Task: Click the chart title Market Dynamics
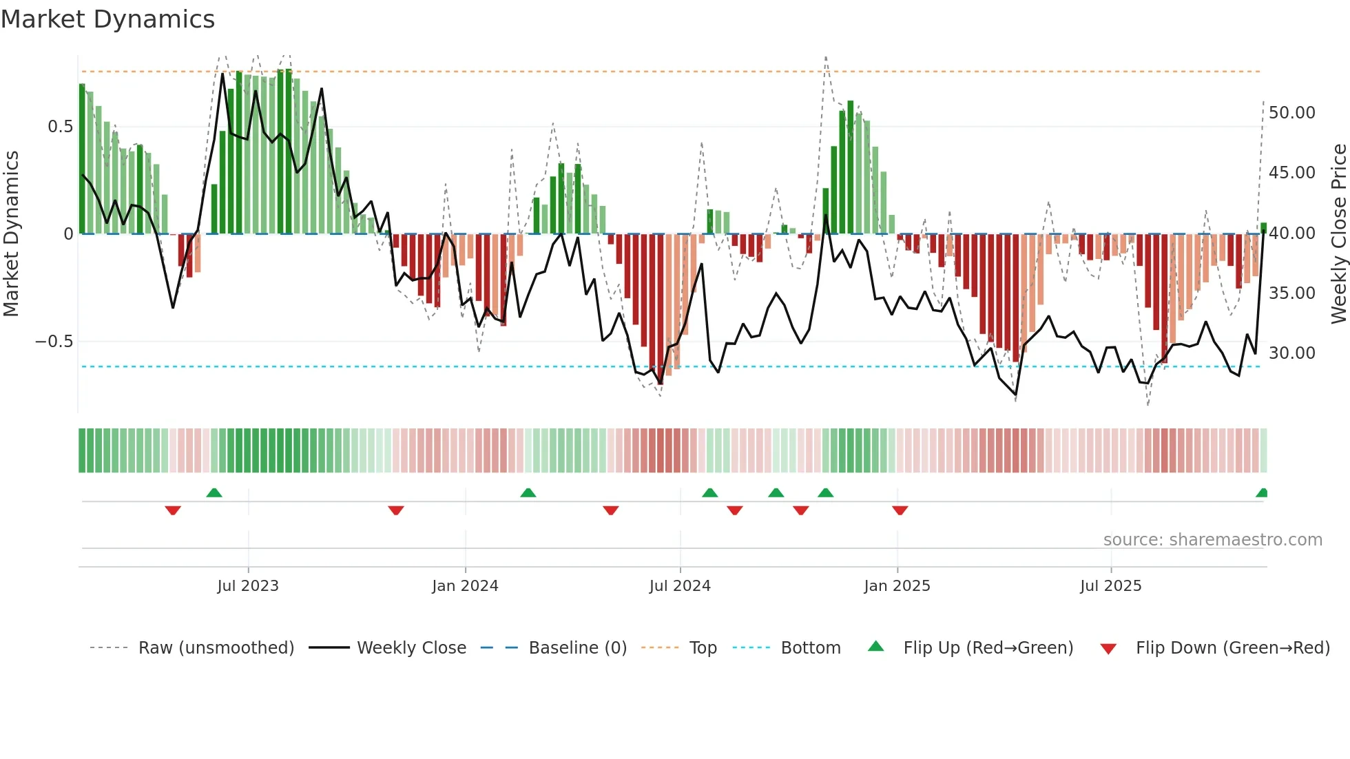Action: pos(107,19)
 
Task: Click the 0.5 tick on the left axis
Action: pos(60,127)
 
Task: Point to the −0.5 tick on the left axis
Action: pos(54,342)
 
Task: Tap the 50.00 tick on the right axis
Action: pos(1291,113)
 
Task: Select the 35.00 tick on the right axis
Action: pos(1291,293)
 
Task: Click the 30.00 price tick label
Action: pos(1291,353)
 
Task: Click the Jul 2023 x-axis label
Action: pos(248,586)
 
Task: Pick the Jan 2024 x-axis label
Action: pos(465,586)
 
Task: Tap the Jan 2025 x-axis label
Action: pos(897,586)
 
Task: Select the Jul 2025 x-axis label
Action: pos(1110,586)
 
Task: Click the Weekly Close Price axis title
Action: pos(1338,233)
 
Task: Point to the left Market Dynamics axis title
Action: pos(11,233)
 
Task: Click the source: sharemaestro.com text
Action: pos(1212,540)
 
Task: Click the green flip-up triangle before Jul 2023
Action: pos(214,492)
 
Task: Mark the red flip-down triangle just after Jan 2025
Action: pos(900,510)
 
